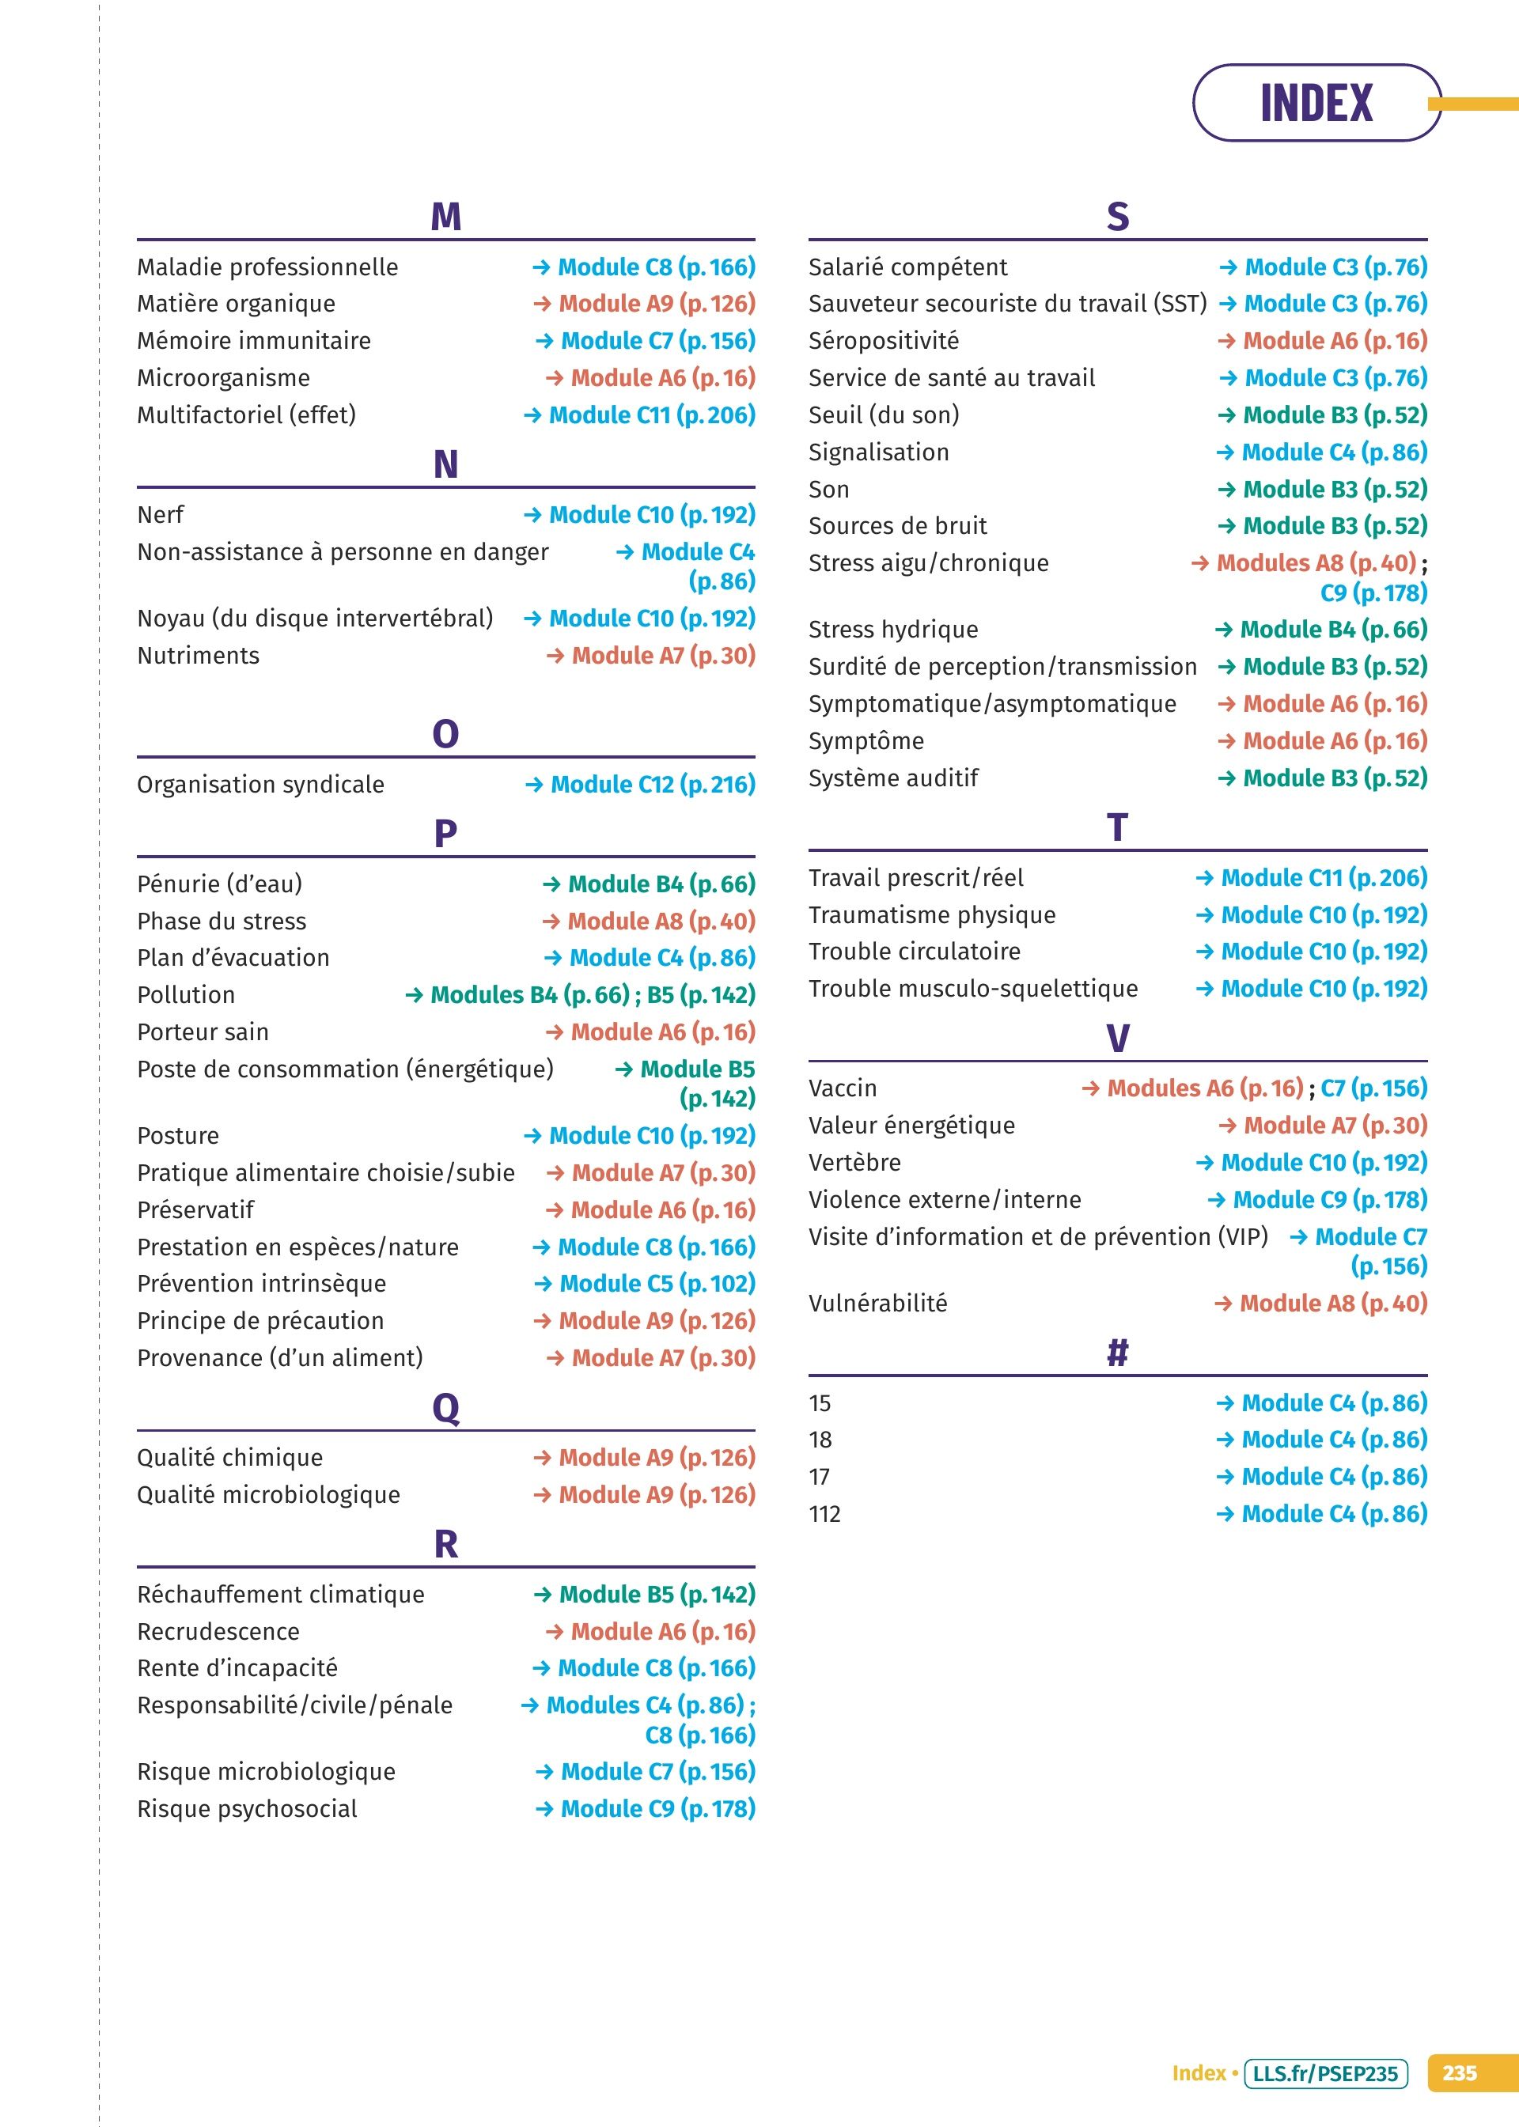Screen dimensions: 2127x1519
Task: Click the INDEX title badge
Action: [x=1315, y=103]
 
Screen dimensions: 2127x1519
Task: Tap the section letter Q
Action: [x=445, y=1407]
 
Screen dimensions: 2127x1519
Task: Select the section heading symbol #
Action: [x=1117, y=1352]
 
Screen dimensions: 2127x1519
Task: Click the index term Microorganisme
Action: [x=224, y=378]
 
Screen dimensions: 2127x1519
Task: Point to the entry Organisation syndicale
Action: [x=260, y=785]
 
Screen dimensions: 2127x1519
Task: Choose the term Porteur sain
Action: [x=203, y=1032]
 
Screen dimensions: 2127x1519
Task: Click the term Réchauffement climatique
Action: [x=281, y=1594]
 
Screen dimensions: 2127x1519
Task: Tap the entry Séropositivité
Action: [x=883, y=341]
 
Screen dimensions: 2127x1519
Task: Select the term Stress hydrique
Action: [x=893, y=629]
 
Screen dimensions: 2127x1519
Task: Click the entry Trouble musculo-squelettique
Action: [x=973, y=988]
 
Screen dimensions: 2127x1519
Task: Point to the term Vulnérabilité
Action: [x=877, y=1304]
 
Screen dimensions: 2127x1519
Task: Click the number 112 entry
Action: [x=824, y=1514]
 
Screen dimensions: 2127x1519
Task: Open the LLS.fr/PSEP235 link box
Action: [x=1324, y=2074]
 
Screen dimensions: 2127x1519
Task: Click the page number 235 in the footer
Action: [x=1459, y=2074]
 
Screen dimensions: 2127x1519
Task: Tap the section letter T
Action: [x=1117, y=827]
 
